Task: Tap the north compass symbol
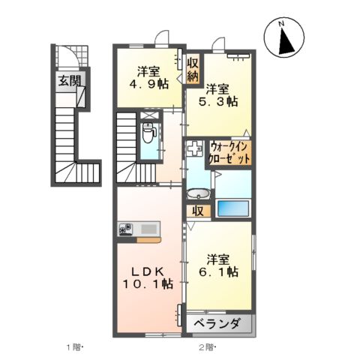click(286, 39)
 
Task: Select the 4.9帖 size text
click(148, 85)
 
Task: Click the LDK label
click(149, 271)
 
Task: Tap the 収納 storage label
click(193, 69)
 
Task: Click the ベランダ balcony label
click(217, 324)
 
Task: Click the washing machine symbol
click(194, 148)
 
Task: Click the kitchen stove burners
click(125, 229)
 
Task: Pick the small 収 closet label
click(198, 211)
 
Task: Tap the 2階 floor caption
click(208, 346)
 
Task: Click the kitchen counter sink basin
click(146, 229)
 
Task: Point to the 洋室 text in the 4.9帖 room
click(148, 73)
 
